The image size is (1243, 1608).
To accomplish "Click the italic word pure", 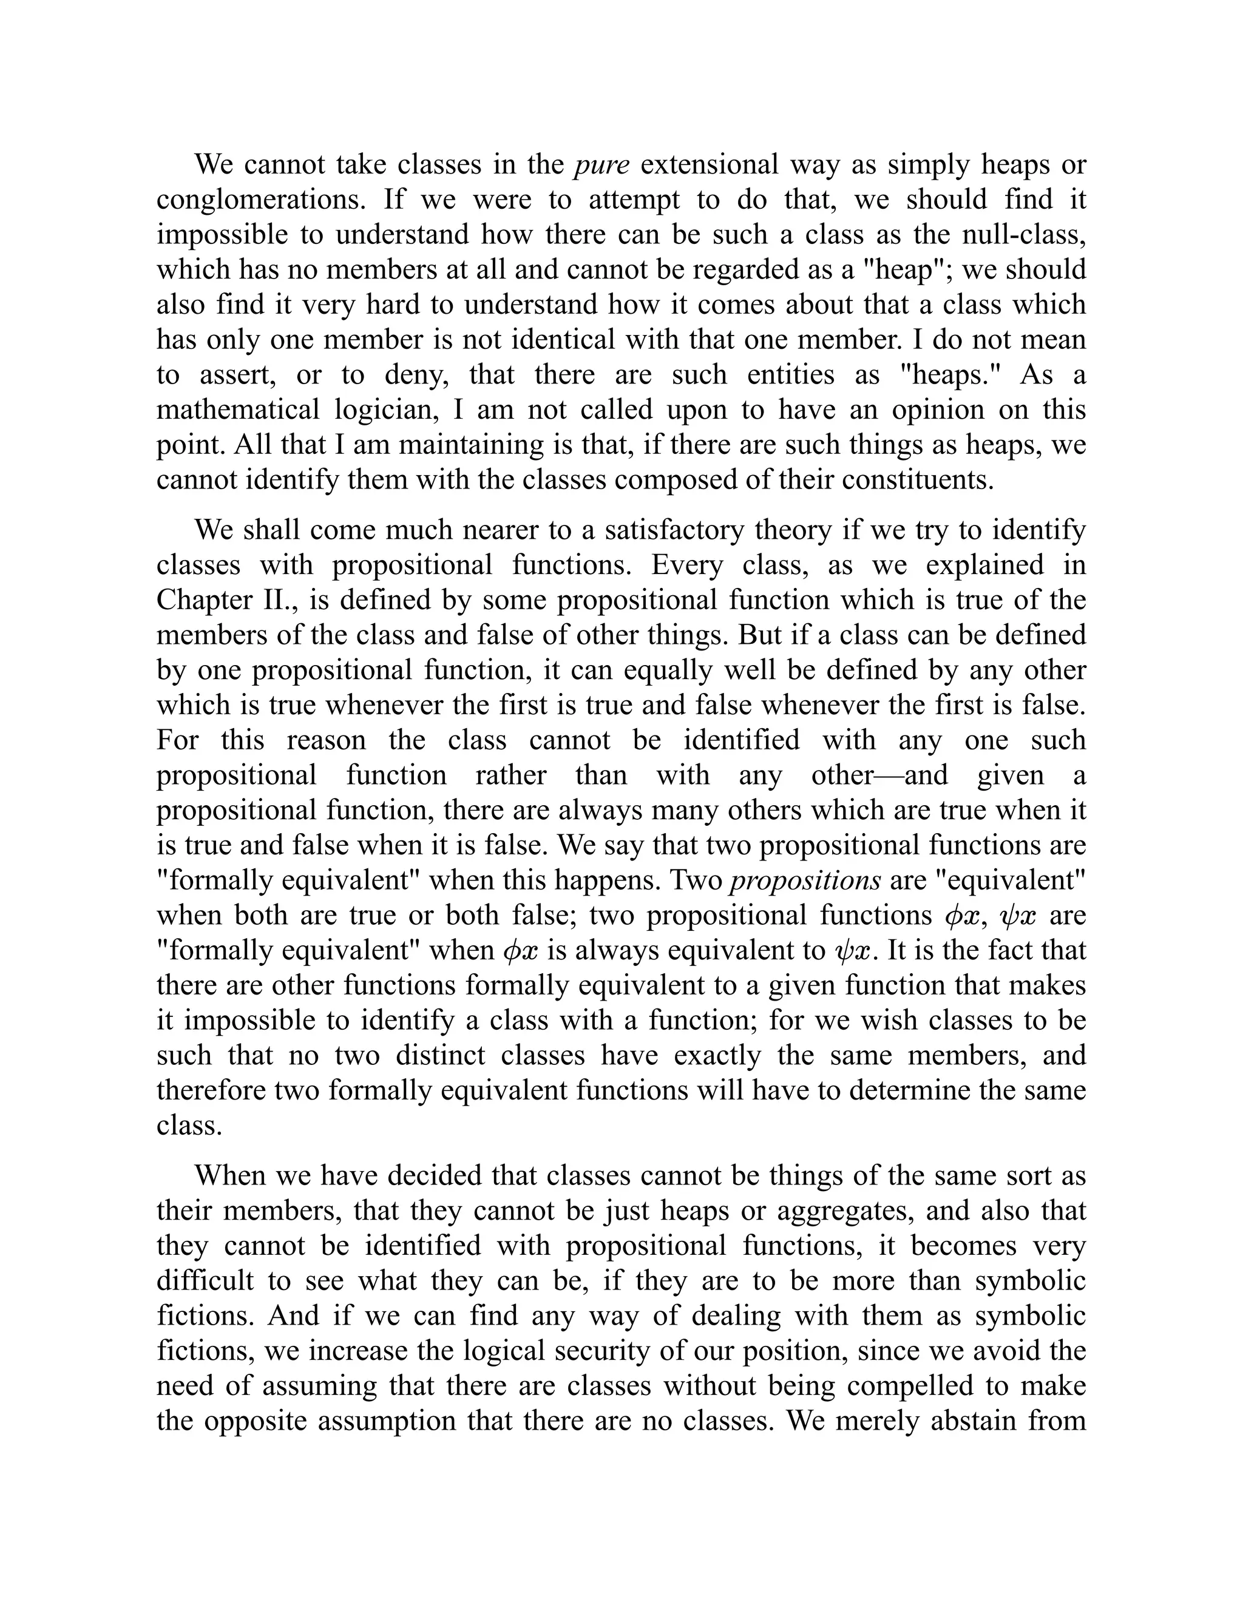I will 601,165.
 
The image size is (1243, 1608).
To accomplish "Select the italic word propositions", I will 805,880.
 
